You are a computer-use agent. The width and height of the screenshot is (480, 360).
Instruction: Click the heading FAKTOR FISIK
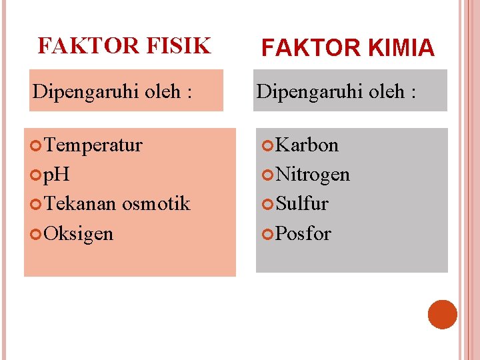124,46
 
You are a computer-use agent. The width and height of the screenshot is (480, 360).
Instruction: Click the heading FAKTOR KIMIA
347,48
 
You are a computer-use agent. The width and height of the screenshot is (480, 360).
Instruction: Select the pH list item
57,175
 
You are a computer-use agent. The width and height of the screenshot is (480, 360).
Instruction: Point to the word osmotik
156,203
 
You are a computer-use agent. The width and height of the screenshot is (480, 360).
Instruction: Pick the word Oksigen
79,233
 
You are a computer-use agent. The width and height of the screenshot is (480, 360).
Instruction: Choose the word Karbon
307,145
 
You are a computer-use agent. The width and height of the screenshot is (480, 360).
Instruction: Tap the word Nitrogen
312,175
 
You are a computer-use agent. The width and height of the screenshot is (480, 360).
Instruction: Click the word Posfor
303,233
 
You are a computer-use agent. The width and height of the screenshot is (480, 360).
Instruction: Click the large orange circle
442,315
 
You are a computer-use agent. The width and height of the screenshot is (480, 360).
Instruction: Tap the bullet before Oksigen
37,234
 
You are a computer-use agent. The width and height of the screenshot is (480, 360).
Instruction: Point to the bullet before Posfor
268,234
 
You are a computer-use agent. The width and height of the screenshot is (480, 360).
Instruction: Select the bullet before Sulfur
268,204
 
